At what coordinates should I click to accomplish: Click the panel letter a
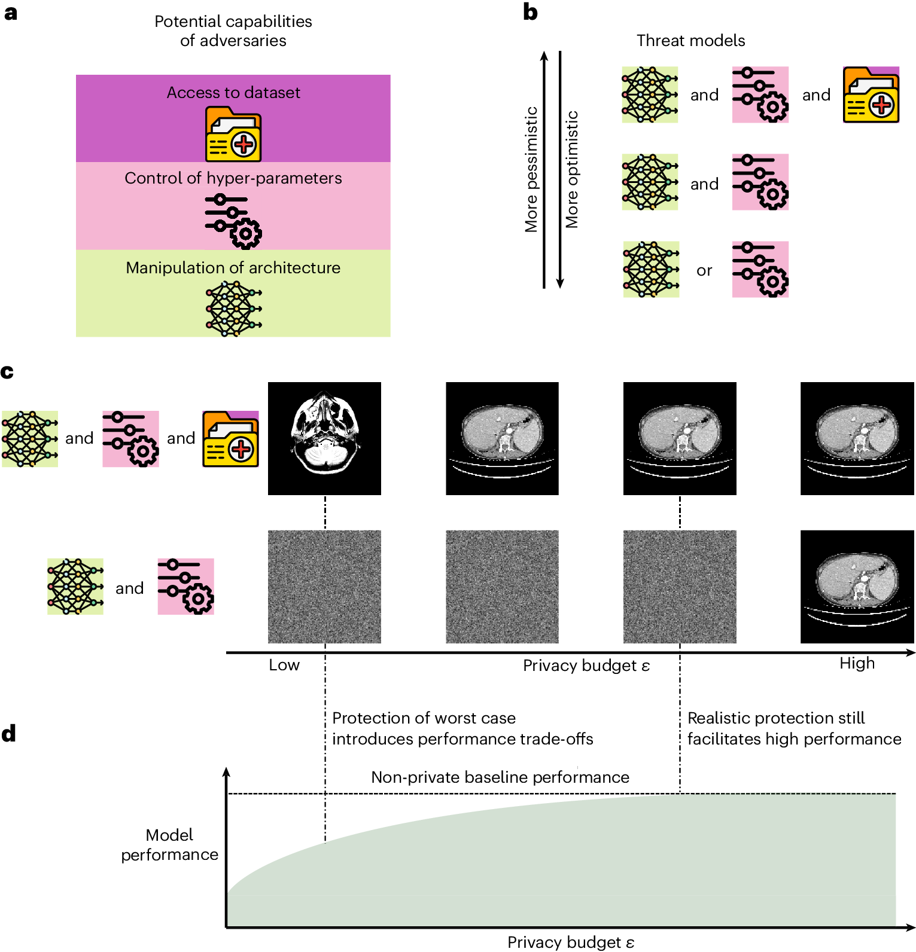10,13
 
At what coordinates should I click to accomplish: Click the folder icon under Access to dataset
233,135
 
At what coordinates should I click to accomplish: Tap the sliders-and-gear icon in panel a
233,221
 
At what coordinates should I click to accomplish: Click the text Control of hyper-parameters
233,178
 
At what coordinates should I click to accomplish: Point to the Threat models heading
690,41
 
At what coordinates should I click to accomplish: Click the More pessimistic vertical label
531,169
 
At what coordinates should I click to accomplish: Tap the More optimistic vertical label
572,169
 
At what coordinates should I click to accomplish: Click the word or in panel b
704,271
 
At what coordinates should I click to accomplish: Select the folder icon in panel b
871,95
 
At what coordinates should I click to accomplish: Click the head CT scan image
324,438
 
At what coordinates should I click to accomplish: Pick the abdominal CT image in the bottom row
857,587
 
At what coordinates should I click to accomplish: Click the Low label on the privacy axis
284,665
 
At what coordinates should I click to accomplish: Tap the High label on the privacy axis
857,663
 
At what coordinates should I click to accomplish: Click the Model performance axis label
170,844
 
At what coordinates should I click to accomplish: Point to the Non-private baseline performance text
500,777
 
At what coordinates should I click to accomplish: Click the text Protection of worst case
424,718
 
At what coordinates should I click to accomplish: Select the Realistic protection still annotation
776,718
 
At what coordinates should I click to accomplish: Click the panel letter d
8,733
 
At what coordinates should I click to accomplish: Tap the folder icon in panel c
230,439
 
